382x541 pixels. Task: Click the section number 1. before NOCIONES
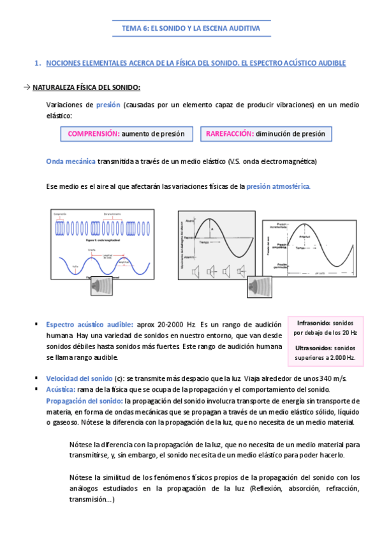(38, 63)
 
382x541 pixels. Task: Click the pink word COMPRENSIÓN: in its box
(93, 134)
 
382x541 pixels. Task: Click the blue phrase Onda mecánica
(70, 161)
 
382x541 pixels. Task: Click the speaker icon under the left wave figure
(102, 285)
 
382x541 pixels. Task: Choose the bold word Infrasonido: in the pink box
(317, 323)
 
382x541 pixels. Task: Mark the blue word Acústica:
(61, 389)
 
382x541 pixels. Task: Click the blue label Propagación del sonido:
(85, 401)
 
